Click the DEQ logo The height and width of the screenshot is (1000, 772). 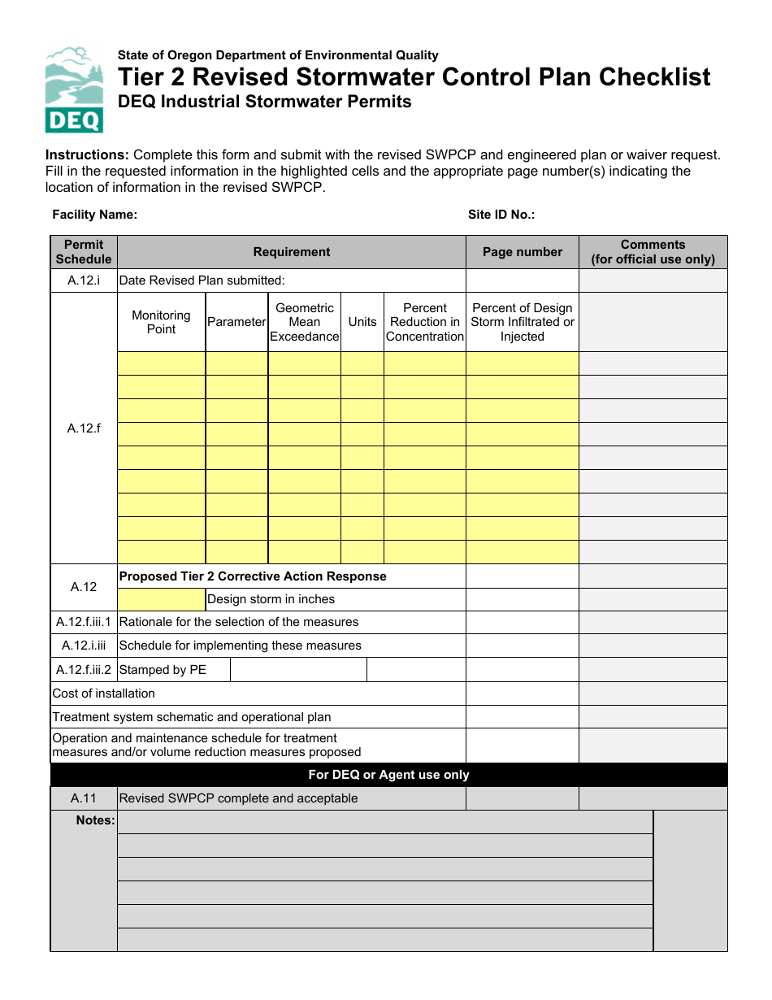(x=74, y=89)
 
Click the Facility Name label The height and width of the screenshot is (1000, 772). (x=94, y=215)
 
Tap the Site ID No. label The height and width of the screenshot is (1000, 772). (x=501, y=215)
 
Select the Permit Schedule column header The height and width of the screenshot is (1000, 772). (x=84, y=252)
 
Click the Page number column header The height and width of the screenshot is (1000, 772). (x=522, y=252)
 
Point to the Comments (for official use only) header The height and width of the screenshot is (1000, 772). (x=653, y=252)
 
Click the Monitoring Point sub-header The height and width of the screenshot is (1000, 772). (x=161, y=322)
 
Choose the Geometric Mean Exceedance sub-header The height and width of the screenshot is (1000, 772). (x=304, y=322)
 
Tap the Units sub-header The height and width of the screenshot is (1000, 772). (x=362, y=322)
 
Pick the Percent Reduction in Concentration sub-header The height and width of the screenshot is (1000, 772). (x=424, y=322)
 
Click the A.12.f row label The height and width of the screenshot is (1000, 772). (x=84, y=428)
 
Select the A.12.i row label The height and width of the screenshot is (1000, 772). (x=84, y=280)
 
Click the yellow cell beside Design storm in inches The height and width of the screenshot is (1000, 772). (x=161, y=600)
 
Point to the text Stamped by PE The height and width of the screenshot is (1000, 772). (x=163, y=670)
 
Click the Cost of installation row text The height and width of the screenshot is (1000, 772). (x=103, y=693)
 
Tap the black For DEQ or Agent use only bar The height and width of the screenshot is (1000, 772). (x=388, y=775)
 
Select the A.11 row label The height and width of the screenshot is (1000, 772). (x=84, y=798)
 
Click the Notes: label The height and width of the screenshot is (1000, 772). (x=95, y=820)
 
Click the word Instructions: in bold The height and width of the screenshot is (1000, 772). (x=87, y=155)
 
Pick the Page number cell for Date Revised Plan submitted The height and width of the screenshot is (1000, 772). (x=522, y=280)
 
